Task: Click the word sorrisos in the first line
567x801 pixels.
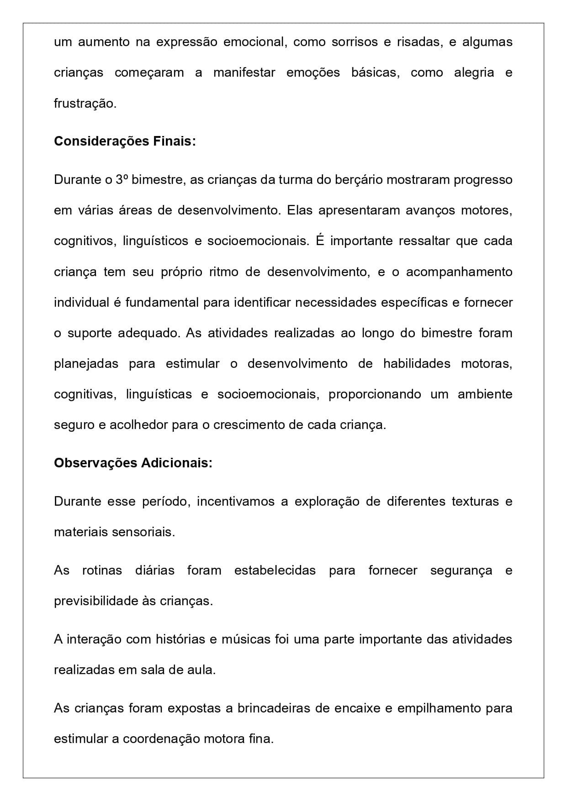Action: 355,42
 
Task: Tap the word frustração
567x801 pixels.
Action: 85,104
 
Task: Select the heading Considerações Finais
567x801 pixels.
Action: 125,141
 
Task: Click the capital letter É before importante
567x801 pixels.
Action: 320,241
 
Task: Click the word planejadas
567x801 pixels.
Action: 86,364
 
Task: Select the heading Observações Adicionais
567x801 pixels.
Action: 133,463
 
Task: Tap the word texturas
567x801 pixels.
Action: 475,502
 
